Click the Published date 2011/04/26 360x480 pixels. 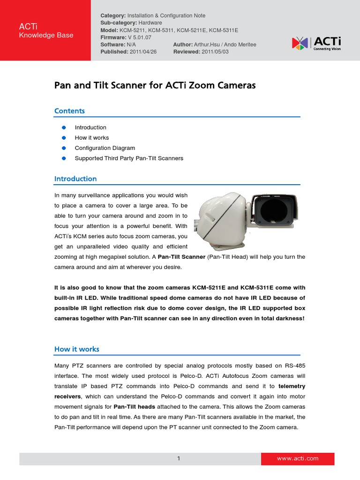point(143,52)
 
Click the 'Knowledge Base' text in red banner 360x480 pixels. point(46,36)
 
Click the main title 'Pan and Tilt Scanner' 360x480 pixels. point(155,86)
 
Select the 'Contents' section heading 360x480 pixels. point(69,111)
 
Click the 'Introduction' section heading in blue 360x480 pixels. point(75,179)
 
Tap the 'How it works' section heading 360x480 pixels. point(76,349)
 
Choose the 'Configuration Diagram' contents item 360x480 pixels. point(105,148)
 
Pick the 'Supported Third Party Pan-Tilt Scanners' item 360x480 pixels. point(129,158)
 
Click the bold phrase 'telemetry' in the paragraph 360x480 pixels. point(292,386)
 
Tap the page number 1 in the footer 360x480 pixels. point(179,458)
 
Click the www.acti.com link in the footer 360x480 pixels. point(298,458)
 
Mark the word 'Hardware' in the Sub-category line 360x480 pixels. point(150,22)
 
